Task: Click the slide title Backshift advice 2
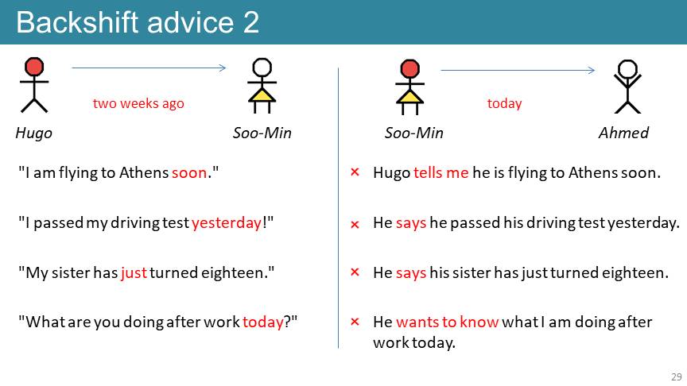point(138,22)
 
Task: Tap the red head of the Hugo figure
point(34,67)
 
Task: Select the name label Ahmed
point(623,133)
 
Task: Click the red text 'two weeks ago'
point(138,103)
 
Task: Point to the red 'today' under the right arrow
point(504,103)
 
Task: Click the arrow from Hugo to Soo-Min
point(149,68)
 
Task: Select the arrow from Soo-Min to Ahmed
point(518,70)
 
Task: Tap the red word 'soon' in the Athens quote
point(188,173)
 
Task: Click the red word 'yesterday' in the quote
point(227,222)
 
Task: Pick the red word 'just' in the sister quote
point(134,272)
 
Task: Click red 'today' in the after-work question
point(263,322)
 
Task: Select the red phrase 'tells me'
point(441,173)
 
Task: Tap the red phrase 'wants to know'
point(448,322)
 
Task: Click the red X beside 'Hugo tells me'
point(355,172)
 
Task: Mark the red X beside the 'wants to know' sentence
point(355,322)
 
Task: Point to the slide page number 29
point(676,376)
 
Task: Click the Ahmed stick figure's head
point(627,69)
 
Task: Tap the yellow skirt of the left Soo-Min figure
point(262,95)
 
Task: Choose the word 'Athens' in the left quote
point(144,173)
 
